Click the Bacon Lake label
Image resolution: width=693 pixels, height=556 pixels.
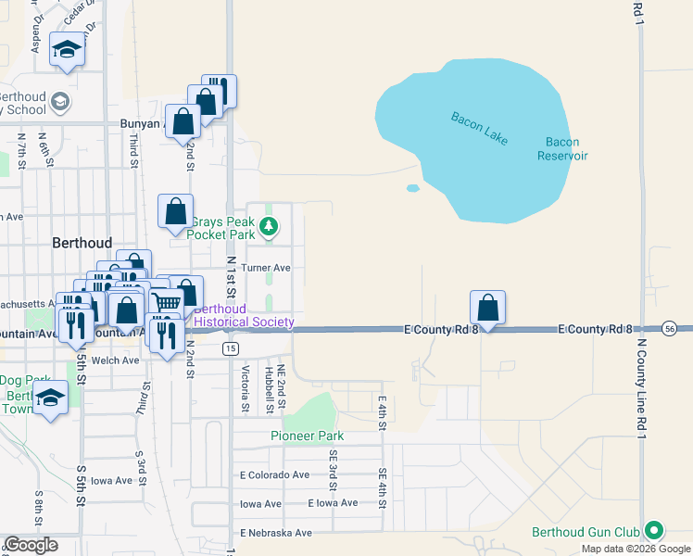(x=480, y=128)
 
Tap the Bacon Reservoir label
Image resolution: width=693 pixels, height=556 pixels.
(x=562, y=148)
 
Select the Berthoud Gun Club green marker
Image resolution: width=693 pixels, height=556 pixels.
(x=655, y=531)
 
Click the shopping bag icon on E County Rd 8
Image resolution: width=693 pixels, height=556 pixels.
(x=487, y=307)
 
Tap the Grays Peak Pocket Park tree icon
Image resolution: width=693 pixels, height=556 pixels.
(x=269, y=225)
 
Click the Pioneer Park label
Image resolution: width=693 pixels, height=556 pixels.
(x=307, y=436)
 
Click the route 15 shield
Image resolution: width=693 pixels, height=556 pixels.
(x=230, y=347)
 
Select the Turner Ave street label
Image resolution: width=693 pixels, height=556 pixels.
(x=266, y=268)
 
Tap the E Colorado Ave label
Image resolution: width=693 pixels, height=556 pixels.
(x=274, y=474)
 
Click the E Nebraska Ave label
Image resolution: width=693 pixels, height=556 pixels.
(x=275, y=533)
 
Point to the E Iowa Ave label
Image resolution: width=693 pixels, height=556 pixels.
(x=333, y=503)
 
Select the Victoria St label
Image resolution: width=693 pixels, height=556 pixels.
(x=246, y=388)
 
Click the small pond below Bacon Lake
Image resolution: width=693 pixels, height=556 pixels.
(x=412, y=188)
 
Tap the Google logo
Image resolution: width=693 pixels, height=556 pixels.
(x=30, y=545)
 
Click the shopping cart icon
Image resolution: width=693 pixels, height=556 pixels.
(x=167, y=301)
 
